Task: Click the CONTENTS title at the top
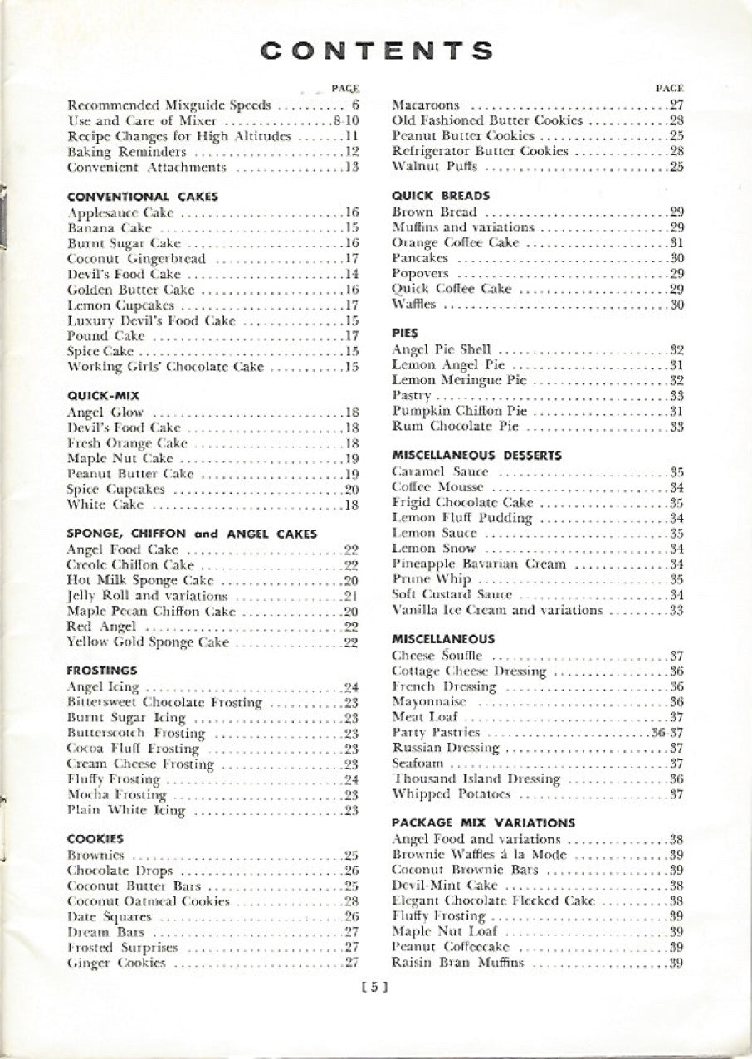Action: [376, 51]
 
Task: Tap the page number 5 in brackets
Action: [375, 987]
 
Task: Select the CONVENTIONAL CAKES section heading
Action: [142, 197]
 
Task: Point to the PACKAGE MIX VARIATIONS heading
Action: [483, 822]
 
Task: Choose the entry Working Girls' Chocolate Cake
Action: [165, 367]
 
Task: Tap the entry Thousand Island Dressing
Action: [476, 778]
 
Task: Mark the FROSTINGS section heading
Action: [102, 670]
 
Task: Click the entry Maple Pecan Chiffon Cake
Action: [150, 611]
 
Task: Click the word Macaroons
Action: [425, 105]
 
